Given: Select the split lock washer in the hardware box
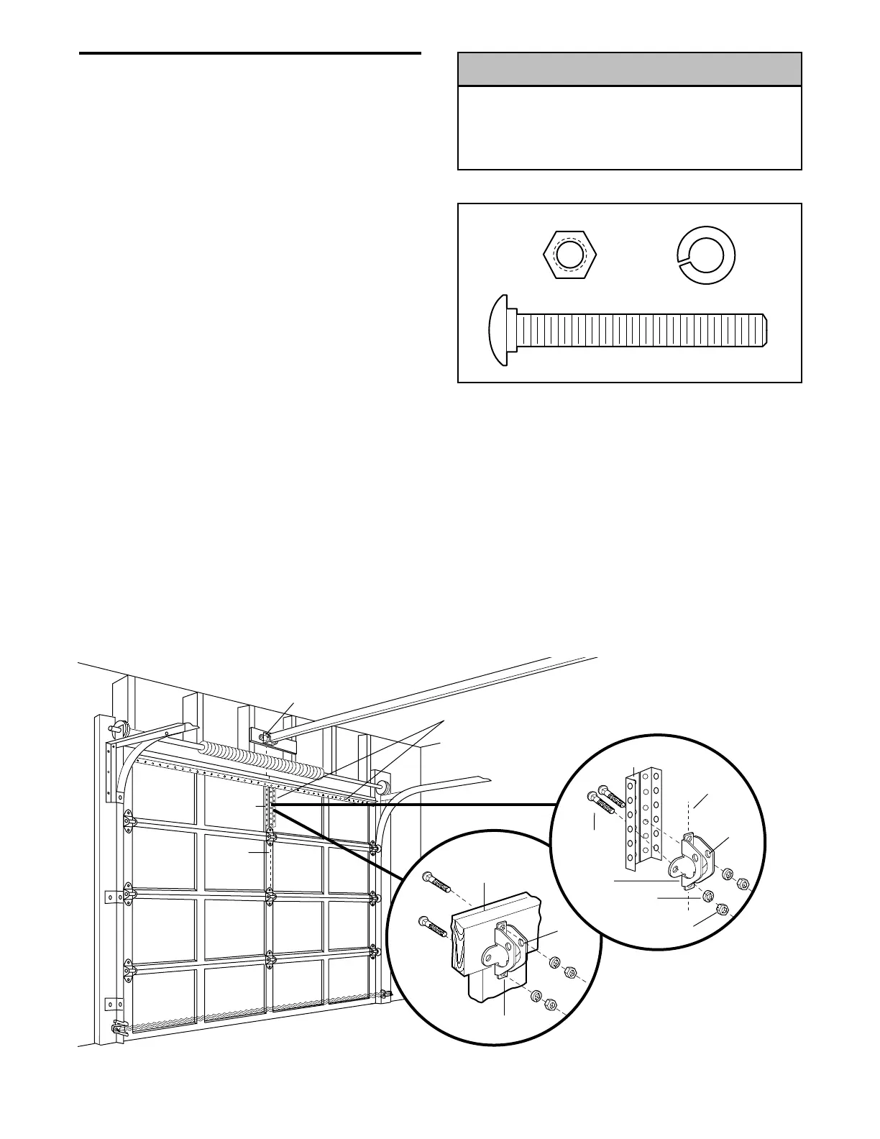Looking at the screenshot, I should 709,256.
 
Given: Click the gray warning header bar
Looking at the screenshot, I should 629,69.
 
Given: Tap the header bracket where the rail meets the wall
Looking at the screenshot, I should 264,736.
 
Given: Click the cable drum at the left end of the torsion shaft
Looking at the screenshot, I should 119,728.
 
